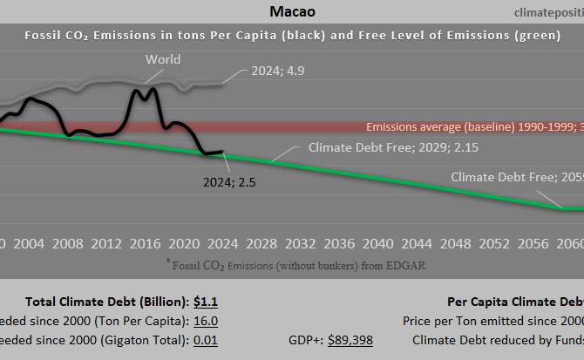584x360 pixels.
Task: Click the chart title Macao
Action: [291, 11]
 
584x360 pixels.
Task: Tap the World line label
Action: [163, 60]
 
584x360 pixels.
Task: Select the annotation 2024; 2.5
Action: [228, 183]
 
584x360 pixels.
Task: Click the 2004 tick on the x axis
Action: [30, 242]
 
